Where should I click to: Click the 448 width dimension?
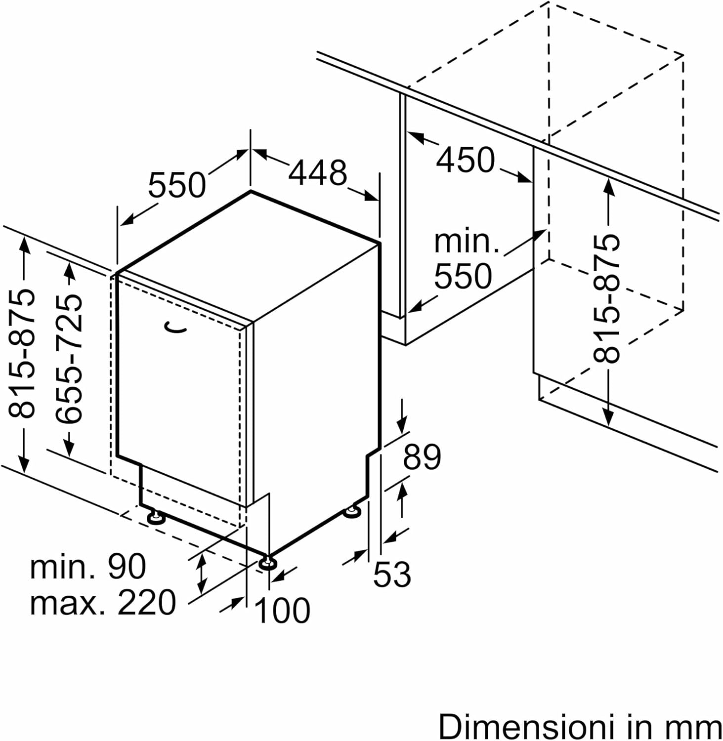pyautogui.click(x=318, y=173)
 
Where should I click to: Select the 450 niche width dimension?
pyautogui.click(x=465, y=160)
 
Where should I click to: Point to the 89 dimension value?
pyautogui.click(x=422, y=457)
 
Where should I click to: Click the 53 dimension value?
pyautogui.click(x=392, y=574)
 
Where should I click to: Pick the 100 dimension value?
pyautogui.click(x=282, y=611)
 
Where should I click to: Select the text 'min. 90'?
pyautogui.click(x=88, y=567)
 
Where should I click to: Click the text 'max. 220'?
pyautogui.click(x=103, y=602)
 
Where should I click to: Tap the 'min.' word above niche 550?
pyautogui.click(x=466, y=242)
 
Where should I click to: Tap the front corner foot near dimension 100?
pyautogui.click(x=267, y=563)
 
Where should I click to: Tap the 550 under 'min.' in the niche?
pyautogui.click(x=463, y=276)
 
